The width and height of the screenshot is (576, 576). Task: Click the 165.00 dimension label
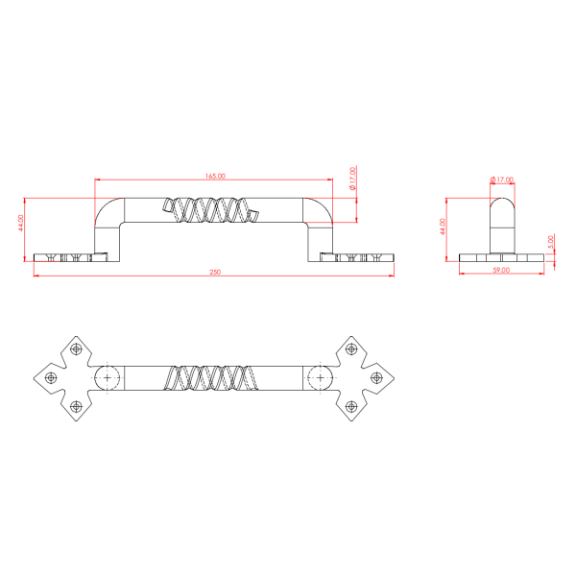[215, 176]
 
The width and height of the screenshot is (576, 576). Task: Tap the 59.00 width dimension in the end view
[500, 272]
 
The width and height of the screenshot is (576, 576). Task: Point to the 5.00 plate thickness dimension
[550, 243]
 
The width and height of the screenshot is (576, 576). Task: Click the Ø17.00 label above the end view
[502, 180]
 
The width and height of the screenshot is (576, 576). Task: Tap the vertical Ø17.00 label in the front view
[353, 179]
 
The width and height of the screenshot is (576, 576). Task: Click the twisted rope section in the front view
[210, 210]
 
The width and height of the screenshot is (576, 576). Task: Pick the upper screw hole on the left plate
[75, 349]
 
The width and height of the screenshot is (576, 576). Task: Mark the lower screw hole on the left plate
[75, 408]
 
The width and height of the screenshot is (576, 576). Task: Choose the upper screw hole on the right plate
[352, 349]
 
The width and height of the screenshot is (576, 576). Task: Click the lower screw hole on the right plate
[352, 408]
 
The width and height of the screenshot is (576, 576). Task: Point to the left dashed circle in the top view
[108, 378]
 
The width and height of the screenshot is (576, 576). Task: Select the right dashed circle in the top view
[321, 378]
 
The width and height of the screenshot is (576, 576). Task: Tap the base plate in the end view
[500, 259]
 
